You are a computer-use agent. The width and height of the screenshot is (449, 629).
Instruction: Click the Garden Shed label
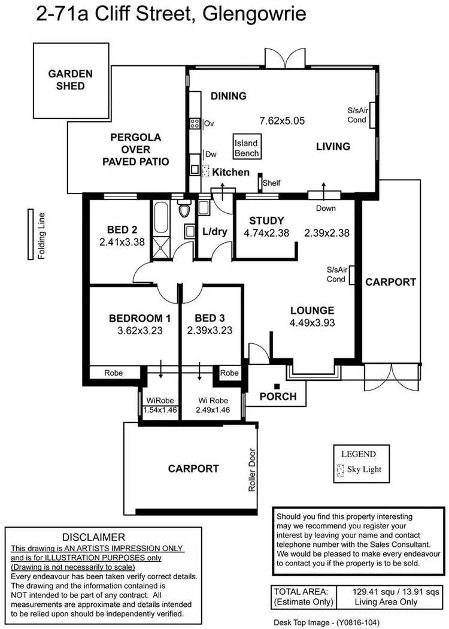pyautogui.click(x=71, y=80)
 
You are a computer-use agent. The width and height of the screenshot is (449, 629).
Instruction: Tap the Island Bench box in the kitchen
pyautogui.click(x=246, y=148)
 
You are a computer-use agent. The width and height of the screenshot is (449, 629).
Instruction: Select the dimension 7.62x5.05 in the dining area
pyautogui.click(x=282, y=120)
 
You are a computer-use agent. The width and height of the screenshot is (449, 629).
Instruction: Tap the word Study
pyautogui.click(x=266, y=220)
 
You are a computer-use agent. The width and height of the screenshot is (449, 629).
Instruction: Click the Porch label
pyautogui.click(x=278, y=396)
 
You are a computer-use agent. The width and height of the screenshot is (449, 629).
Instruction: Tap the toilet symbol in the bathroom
pyautogui.click(x=184, y=210)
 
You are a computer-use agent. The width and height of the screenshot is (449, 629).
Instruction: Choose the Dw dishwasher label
pyautogui.click(x=210, y=154)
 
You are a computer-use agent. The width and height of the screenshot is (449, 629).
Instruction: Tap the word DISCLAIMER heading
pyautogui.click(x=93, y=537)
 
